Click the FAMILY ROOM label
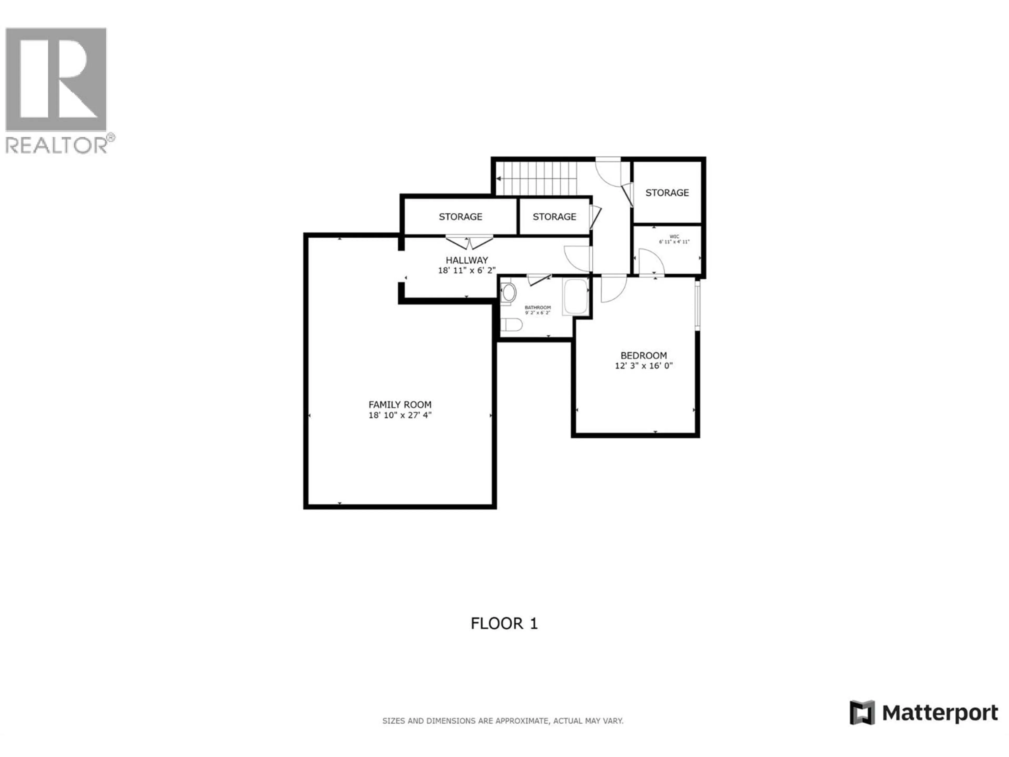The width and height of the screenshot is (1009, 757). click(x=400, y=404)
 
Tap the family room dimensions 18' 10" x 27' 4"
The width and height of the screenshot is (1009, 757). click(x=400, y=415)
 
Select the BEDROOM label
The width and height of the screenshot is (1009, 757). click(x=643, y=355)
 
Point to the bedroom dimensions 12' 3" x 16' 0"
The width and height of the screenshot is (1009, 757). click(x=643, y=366)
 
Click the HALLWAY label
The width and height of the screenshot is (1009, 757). click(x=467, y=260)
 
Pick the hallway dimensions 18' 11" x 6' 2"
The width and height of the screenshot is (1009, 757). click(x=467, y=270)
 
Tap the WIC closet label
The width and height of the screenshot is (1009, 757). click(x=674, y=236)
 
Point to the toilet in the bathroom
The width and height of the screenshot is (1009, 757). click(x=511, y=325)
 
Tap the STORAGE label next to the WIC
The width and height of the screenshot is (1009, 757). click(x=667, y=193)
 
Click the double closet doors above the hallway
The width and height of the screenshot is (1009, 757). click(x=469, y=242)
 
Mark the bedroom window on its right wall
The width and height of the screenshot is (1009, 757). click(x=697, y=305)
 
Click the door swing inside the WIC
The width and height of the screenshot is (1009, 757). click(x=651, y=262)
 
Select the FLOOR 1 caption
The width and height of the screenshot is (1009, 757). click(x=504, y=623)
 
